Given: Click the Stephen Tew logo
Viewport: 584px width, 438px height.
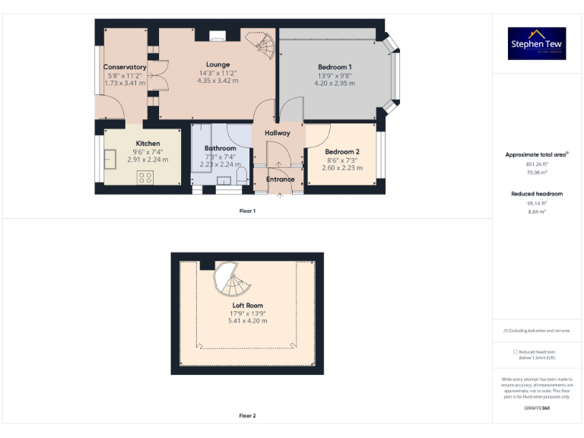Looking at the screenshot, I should point(537,43).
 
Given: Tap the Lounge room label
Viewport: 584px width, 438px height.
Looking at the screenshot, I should point(217,65).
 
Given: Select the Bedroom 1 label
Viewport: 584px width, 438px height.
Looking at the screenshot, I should point(335,67).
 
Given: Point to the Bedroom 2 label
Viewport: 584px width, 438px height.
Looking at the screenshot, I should point(341,151).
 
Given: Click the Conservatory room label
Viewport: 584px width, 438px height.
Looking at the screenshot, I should point(125,67).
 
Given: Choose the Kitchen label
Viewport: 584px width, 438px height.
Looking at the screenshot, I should point(148,143).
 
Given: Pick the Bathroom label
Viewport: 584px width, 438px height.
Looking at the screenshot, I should point(220,148).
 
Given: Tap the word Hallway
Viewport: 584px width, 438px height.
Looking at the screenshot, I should point(278,133).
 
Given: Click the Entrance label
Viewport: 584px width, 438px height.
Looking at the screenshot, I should point(280,179).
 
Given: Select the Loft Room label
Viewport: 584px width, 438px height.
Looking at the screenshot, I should point(248,305).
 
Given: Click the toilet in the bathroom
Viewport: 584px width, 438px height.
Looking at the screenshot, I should point(241,177).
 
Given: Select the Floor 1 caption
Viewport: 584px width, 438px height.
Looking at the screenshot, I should point(248,211).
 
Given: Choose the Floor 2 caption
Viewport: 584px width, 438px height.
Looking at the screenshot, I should point(248,416).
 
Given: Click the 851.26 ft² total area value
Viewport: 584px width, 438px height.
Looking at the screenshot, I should point(537,163).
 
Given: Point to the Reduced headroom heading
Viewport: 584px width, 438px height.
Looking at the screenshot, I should point(537,194).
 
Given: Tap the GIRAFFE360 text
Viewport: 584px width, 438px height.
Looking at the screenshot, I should point(537,409).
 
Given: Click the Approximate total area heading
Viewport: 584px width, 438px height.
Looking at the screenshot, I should point(537,154).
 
